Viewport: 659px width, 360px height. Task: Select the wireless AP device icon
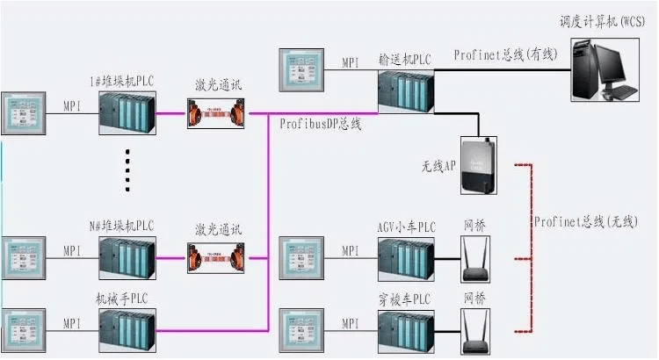pos(479,166)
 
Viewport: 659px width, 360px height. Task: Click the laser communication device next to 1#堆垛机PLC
pos(214,112)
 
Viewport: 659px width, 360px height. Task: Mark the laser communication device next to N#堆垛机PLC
pos(214,256)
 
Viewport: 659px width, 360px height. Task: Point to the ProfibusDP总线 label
pos(321,125)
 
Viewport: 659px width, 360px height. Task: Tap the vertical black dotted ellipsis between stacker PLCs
pos(128,169)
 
